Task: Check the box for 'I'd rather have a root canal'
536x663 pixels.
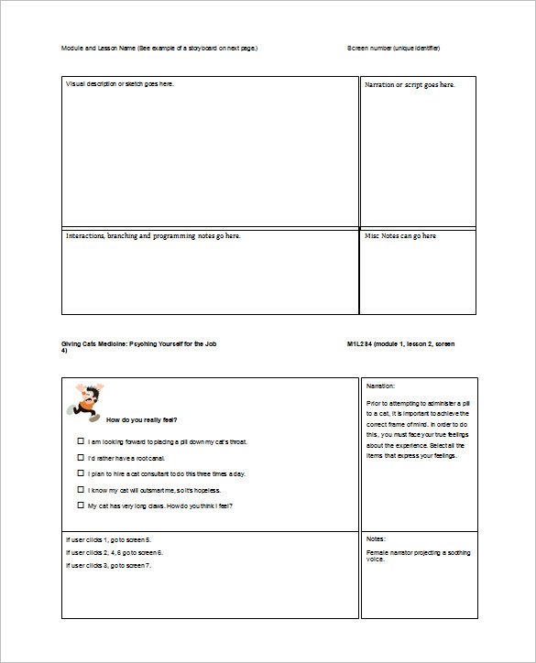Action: (82, 457)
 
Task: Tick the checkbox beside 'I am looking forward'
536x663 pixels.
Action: (82, 441)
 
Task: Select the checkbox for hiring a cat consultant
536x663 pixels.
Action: (82, 473)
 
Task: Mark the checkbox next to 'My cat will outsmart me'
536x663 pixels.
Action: (82, 489)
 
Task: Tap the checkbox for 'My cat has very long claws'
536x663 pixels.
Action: (82, 505)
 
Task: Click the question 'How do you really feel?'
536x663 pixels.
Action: (142, 420)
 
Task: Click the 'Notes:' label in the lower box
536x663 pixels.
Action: (376, 539)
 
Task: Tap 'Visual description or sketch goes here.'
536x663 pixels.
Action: (119, 84)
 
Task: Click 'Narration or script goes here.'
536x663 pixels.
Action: (410, 84)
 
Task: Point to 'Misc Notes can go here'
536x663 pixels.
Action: (400, 236)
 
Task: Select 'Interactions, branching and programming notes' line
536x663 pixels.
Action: (153, 236)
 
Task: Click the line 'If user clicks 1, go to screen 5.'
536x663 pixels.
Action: (109, 539)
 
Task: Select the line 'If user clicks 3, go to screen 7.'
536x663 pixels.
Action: (109, 565)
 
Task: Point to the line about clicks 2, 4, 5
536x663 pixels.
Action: (115, 552)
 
